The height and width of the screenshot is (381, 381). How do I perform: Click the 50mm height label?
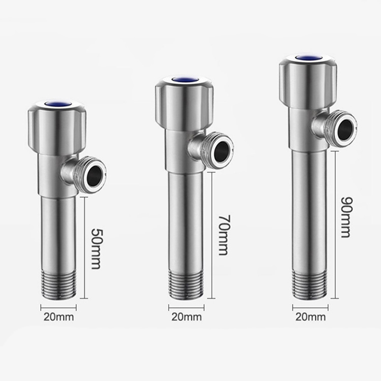pos(96,248)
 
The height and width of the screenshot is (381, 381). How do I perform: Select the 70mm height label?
pos(224,235)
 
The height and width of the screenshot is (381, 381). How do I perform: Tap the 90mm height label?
pos(346,217)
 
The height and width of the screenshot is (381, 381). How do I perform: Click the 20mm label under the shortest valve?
pos(58,317)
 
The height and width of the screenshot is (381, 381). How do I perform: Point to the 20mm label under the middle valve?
pos(186,317)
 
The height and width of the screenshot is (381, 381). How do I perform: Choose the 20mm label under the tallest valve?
pos(310,317)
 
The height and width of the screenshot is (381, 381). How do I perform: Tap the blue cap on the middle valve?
pos(185,80)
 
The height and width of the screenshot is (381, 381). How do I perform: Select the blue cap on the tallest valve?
pos(308,58)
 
